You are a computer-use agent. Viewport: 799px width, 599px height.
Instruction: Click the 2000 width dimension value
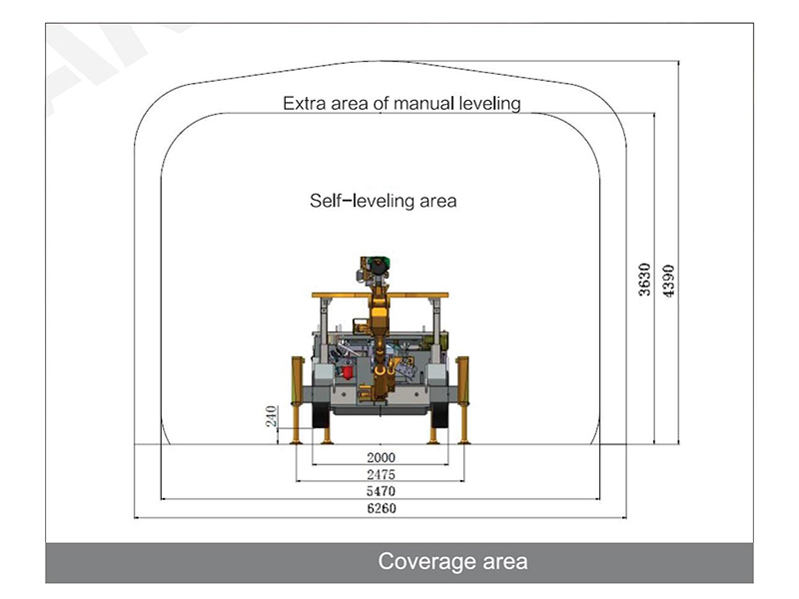[x=381, y=457]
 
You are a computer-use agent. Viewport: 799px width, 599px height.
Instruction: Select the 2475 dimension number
[x=381, y=475]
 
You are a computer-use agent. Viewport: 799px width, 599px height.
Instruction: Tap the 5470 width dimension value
[x=381, y=491]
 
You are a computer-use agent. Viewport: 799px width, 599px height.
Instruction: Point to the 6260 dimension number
[x=382, y=508]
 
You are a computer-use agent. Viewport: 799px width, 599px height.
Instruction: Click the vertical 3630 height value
[x=644, y=280]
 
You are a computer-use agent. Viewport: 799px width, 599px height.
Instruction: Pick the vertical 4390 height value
[x=668, y=281]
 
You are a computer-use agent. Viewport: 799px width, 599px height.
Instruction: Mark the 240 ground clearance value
[x=271, y=416]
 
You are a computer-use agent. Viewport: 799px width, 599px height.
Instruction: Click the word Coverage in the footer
[x=426, y=562]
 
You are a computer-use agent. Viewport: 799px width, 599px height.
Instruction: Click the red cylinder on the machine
[x=348, y=371]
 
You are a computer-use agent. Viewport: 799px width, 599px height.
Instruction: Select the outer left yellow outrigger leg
[x=297, y=400]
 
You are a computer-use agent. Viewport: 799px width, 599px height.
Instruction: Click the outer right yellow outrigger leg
[x=462, y=400]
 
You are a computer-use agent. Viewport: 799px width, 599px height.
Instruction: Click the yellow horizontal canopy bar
[x=381, y=295]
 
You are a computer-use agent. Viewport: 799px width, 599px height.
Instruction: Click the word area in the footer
[x=505, y=562]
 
